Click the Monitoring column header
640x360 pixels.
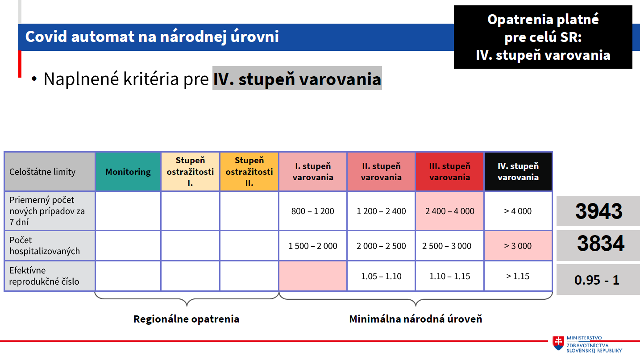pyautogui.click(x=128, y=172)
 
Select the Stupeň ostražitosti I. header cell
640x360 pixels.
pyautogui.click(x=190, y=172)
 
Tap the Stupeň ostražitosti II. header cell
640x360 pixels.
pyautogui.click(x=249, y=172)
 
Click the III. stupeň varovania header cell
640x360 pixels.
pyautogui.click(x=450, y=172)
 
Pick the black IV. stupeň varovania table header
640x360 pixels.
pyautogui.click(x=518, y=172)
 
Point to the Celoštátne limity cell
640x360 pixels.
pyautogui.click(x=50, y=172)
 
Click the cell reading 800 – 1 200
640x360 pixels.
pyautogui.click(x=313, y=211)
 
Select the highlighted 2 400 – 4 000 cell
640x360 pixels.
pyautogui.click(x=450, y=211)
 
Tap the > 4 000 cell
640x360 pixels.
pyautogui.click(x=518, y=211)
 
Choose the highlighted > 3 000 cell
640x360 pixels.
pyautogui.click(x=518, y=246)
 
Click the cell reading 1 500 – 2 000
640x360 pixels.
pyautogui.click(x=313, y=246)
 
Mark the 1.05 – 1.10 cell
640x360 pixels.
pyautogui.click(x=381, y=276)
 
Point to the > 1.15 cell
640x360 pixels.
pyautogui.click(x=518, y=276)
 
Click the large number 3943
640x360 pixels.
pyautogui.click(x=599, y=211)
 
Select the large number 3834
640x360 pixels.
pyautogui.click(x=601, y=244)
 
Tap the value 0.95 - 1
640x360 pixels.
pyautogui.click(x=597, y=280)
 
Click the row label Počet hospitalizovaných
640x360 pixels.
pyautogui.click(x=45, y=245)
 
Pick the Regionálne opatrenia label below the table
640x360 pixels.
pyautogui.click(x=186, y=319)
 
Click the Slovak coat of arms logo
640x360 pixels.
pyautogui.click(x=558, y=343)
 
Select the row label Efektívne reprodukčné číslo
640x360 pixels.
pyautogui.click(x=44, y=276)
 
